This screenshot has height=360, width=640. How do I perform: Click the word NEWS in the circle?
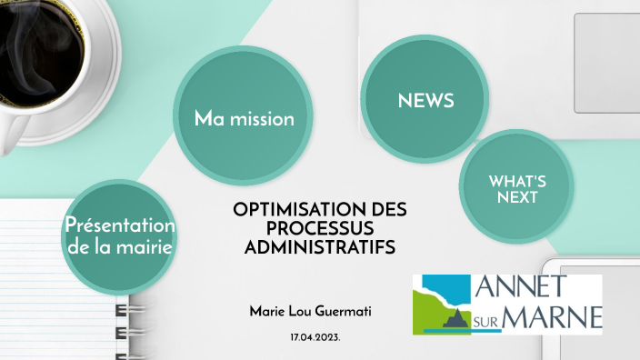[x=425, y=101]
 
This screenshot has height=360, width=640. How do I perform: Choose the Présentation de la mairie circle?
[x=119, y=235]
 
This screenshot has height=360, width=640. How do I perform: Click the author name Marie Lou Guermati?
[x=309, y=312]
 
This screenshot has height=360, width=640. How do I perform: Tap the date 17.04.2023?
[x=315, y=337]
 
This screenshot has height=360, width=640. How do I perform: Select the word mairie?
[x=144, y=245]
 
